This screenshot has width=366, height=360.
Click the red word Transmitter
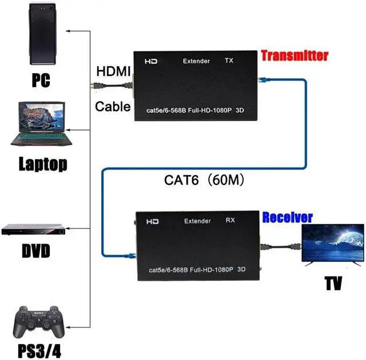(x=295, y=56)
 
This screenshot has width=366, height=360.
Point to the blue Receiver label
(x=288, y=217)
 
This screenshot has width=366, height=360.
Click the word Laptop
(x=43, y=164)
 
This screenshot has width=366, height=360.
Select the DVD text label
(x=36, y=251)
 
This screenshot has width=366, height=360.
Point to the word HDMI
(x=113, y=71)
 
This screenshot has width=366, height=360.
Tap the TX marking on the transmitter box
(x=229, y=60)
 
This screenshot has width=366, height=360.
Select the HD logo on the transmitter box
(x=151, y=61)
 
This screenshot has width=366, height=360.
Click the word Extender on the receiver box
(x=197, y=221)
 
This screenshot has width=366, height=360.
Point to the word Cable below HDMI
(x=113, y=106)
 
